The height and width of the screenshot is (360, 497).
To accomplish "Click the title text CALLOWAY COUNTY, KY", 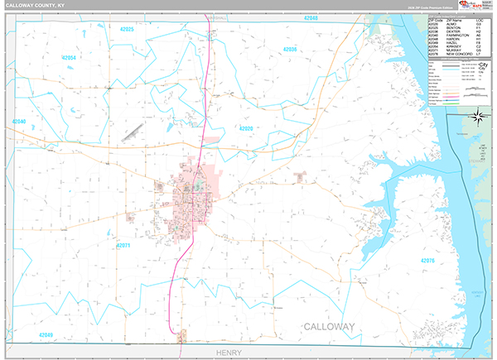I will pyautogui.click(x=41, y=7).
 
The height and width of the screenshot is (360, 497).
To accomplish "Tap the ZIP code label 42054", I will pyautogui.click(x=69, y=58).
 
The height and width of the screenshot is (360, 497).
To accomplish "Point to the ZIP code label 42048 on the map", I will pyautogui.click(x=310, y=17).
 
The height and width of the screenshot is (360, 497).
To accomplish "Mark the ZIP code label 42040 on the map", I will pyautogui.click(x=20, y=122).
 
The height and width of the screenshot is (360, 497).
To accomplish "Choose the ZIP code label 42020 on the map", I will pyautogui.click(x=246, y=128).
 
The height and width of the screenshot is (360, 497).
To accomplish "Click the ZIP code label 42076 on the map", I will pyautogui.click(x=427, y=261).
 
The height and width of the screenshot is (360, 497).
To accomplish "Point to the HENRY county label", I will pyautogui.click(x=228, y=353).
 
